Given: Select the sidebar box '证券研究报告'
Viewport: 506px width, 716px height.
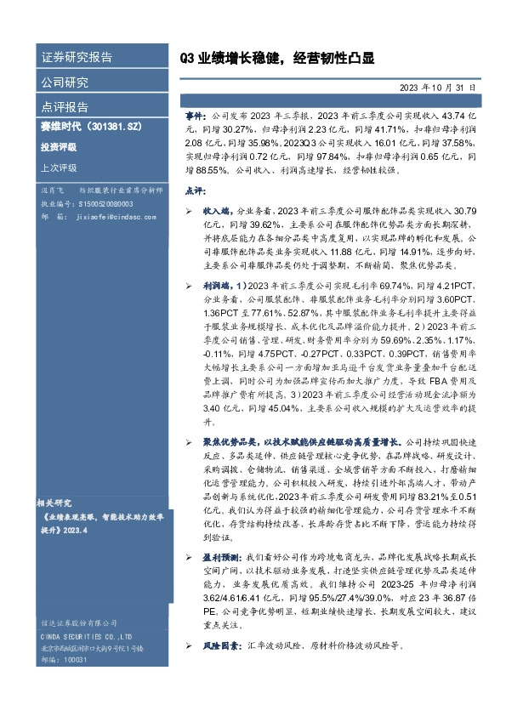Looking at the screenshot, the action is [77, 58].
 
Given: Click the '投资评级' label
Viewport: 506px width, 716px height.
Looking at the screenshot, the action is [59, 146].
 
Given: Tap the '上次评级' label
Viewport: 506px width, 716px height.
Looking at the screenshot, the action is [59, 168].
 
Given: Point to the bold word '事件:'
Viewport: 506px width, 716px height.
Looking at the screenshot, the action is [196, 114].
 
